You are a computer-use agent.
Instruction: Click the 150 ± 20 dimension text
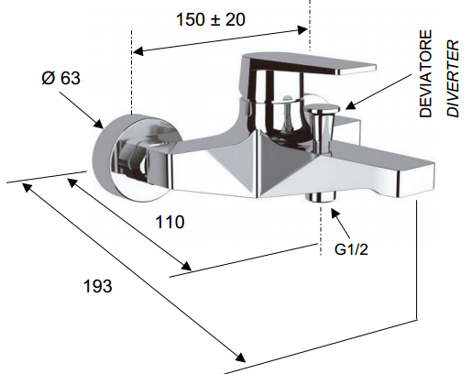tap(211, 19)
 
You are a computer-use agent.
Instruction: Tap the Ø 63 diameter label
tap(60, 78)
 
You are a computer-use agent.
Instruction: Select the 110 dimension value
tap(170, 222)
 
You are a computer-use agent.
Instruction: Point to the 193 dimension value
tap(98, 286)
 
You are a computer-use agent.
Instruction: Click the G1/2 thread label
tap(351, 249)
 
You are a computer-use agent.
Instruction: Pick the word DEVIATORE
tap(425, 73)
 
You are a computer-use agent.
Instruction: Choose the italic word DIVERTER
tap(453, 79)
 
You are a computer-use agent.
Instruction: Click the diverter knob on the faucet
tap(323, 122)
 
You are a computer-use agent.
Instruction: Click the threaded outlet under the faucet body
tap(321, 197)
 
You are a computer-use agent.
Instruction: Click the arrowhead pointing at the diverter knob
tap(350, 105)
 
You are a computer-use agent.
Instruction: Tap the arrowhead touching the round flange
tap(99, 124)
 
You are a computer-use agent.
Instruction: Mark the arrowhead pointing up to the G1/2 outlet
tap(335, 213)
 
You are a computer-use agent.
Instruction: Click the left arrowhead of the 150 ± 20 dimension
tap(138, 51)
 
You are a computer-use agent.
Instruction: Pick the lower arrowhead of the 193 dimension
tap(240, 357)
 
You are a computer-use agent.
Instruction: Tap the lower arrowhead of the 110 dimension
tap(186, 266)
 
